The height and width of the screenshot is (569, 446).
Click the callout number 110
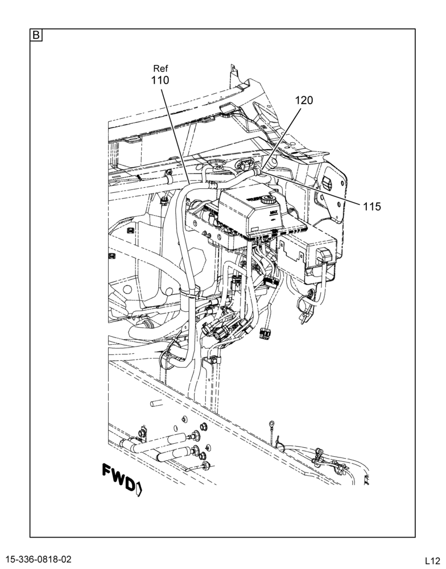point(160,80)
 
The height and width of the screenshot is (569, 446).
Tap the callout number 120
point(304,100)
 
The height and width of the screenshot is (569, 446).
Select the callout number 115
point(372,207)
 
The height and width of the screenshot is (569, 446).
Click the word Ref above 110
point(160,68)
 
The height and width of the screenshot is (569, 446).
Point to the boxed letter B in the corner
point(36,35)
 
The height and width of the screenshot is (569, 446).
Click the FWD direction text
point(118,476)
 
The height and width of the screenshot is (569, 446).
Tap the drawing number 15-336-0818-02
point(39,559)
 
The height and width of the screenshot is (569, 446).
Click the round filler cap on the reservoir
point(269,199)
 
